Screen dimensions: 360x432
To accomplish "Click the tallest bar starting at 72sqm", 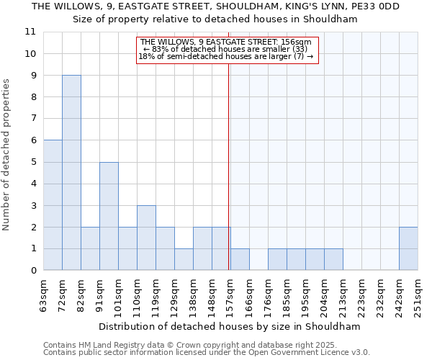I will tap(71, 173).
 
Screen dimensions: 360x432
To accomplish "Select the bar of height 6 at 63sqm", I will tap(53, 205).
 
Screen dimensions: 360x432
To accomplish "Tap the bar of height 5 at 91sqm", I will tap(109, 216).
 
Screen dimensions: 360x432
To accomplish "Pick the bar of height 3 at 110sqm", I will tap(146, 238).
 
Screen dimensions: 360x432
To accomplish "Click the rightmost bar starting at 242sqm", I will tap(408, 248).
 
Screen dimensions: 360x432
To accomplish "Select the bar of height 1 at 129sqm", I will tap(184, 259).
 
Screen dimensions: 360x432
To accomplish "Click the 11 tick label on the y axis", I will tap(30, 32).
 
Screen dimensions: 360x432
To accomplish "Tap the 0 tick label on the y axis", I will tap(33, 271).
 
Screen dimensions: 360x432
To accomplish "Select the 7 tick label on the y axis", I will tap(33, 119).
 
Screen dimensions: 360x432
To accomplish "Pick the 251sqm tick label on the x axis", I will tap(418, 295).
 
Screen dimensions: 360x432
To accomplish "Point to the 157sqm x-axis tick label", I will tap(230, 295).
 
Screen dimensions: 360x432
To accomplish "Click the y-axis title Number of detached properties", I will tap(7, 155).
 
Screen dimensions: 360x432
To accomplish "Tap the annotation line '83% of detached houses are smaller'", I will tap(226, 50).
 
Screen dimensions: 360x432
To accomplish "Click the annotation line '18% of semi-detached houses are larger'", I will tap(226, 57).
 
